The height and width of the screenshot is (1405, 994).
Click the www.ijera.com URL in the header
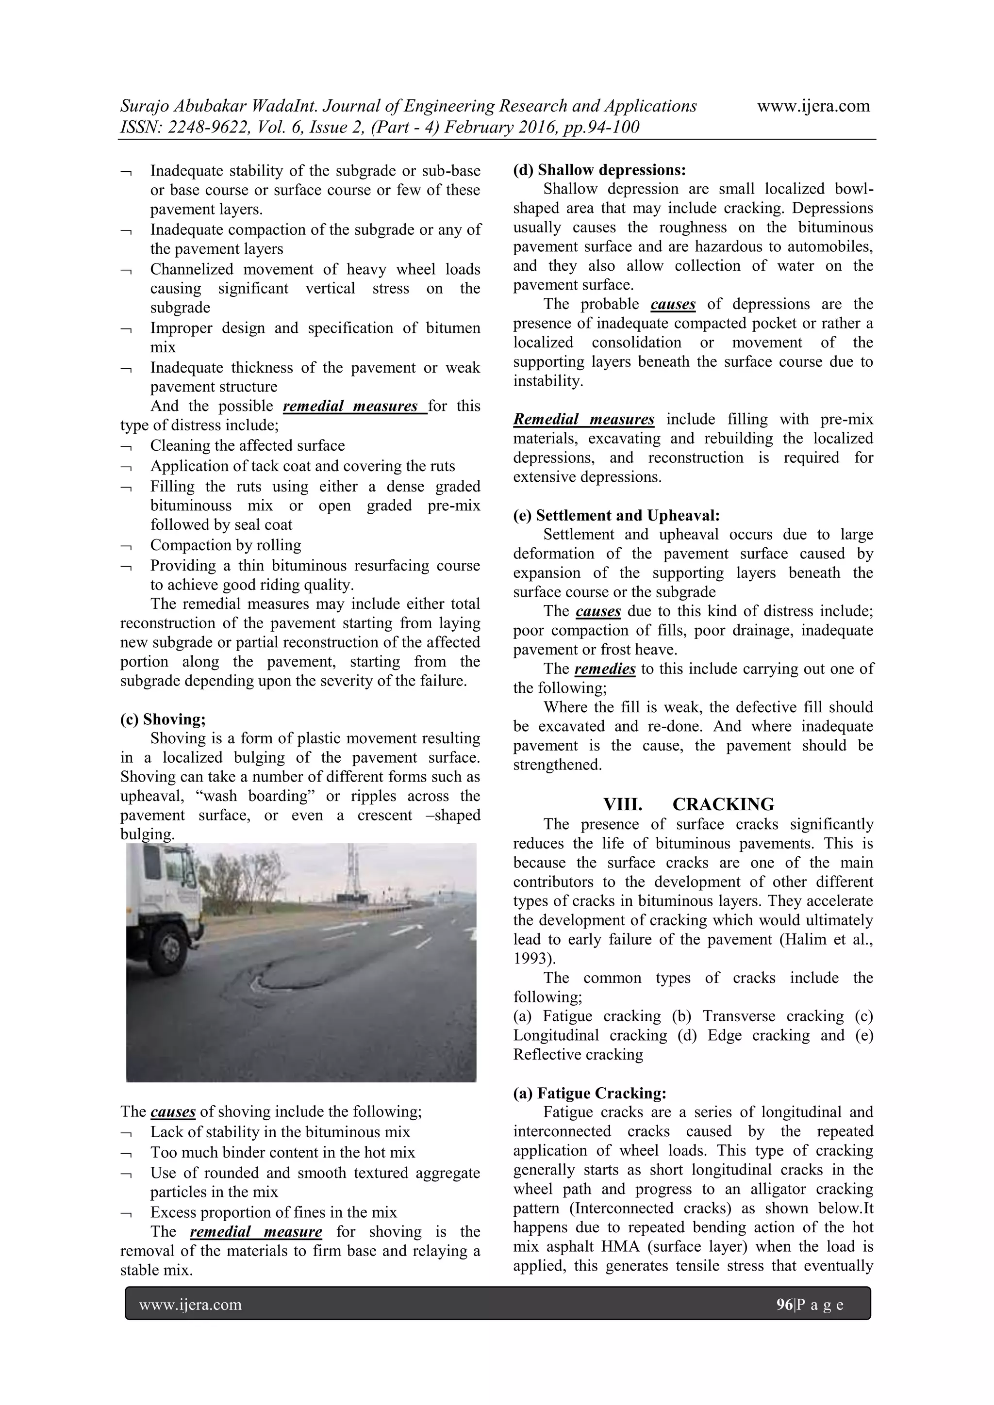[813, 106]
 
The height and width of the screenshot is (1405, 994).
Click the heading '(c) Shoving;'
[163, 719]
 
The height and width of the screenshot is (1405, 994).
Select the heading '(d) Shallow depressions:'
[599, 169]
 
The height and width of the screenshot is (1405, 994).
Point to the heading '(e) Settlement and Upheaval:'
[616, 515]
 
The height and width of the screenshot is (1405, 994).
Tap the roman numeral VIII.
[623, 804]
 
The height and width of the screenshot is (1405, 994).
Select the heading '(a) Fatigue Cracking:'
[589, 1093]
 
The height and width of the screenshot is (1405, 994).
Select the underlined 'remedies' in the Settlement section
[605, 669]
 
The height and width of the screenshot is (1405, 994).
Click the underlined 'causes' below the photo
[173, 1111]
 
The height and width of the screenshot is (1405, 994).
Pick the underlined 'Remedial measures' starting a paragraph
[583, 419]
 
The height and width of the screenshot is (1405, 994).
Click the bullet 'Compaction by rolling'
[226, 545]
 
